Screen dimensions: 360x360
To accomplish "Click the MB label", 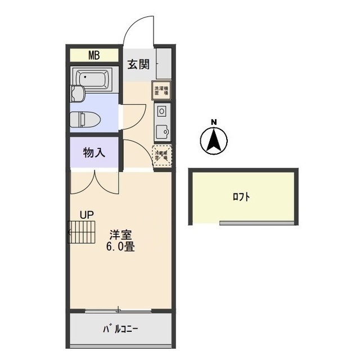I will click(x=94, y=55).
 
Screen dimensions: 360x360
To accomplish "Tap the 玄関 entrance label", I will click(x=137, y=64).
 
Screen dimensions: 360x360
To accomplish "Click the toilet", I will click(x=84, y=119).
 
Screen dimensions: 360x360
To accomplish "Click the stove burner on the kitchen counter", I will click(x=161, y=110).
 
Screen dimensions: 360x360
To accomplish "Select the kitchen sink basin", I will click(x=163, y=130).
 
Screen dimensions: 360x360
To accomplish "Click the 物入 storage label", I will click(x=94, y=152).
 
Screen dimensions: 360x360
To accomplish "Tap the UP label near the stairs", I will click(x=86, y=214).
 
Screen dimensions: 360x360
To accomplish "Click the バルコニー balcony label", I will click(x=120, y=328).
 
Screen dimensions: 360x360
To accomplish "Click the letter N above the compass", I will click(x=214, y=122).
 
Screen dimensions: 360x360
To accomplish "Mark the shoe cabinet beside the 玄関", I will click(x=164, y=64).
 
